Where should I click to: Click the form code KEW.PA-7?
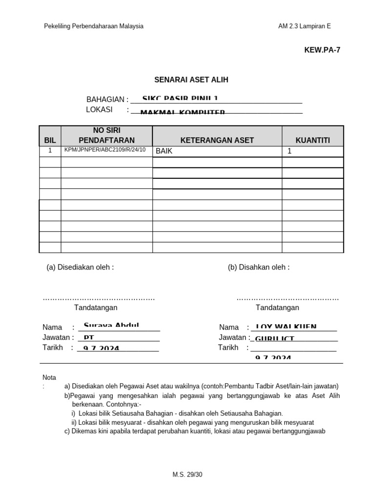click(322, 50)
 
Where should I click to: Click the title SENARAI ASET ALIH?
click(191, 80)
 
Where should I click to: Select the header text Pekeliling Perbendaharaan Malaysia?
click(94, 26)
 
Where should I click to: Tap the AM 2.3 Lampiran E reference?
click(304, 26)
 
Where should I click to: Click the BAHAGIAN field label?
click(107, 100)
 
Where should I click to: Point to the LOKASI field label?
click(99, 109)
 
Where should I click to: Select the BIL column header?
click(50, 140)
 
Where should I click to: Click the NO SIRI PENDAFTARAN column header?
click(106, 135)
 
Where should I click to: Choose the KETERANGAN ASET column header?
click(217, 140)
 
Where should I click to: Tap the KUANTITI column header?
click(312, 140)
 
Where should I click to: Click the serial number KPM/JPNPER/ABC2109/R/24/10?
click(105, 150)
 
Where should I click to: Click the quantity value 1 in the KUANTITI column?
click(289, 151)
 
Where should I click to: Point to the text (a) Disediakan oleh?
click(80, 267)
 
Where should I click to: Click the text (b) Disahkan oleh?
click(258, 267)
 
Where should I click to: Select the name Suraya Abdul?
click(111, 326)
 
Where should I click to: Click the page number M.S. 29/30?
click(187, 474)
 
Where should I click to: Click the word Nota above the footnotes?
click(49, 377)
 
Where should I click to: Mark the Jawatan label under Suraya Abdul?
click(58, 337)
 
